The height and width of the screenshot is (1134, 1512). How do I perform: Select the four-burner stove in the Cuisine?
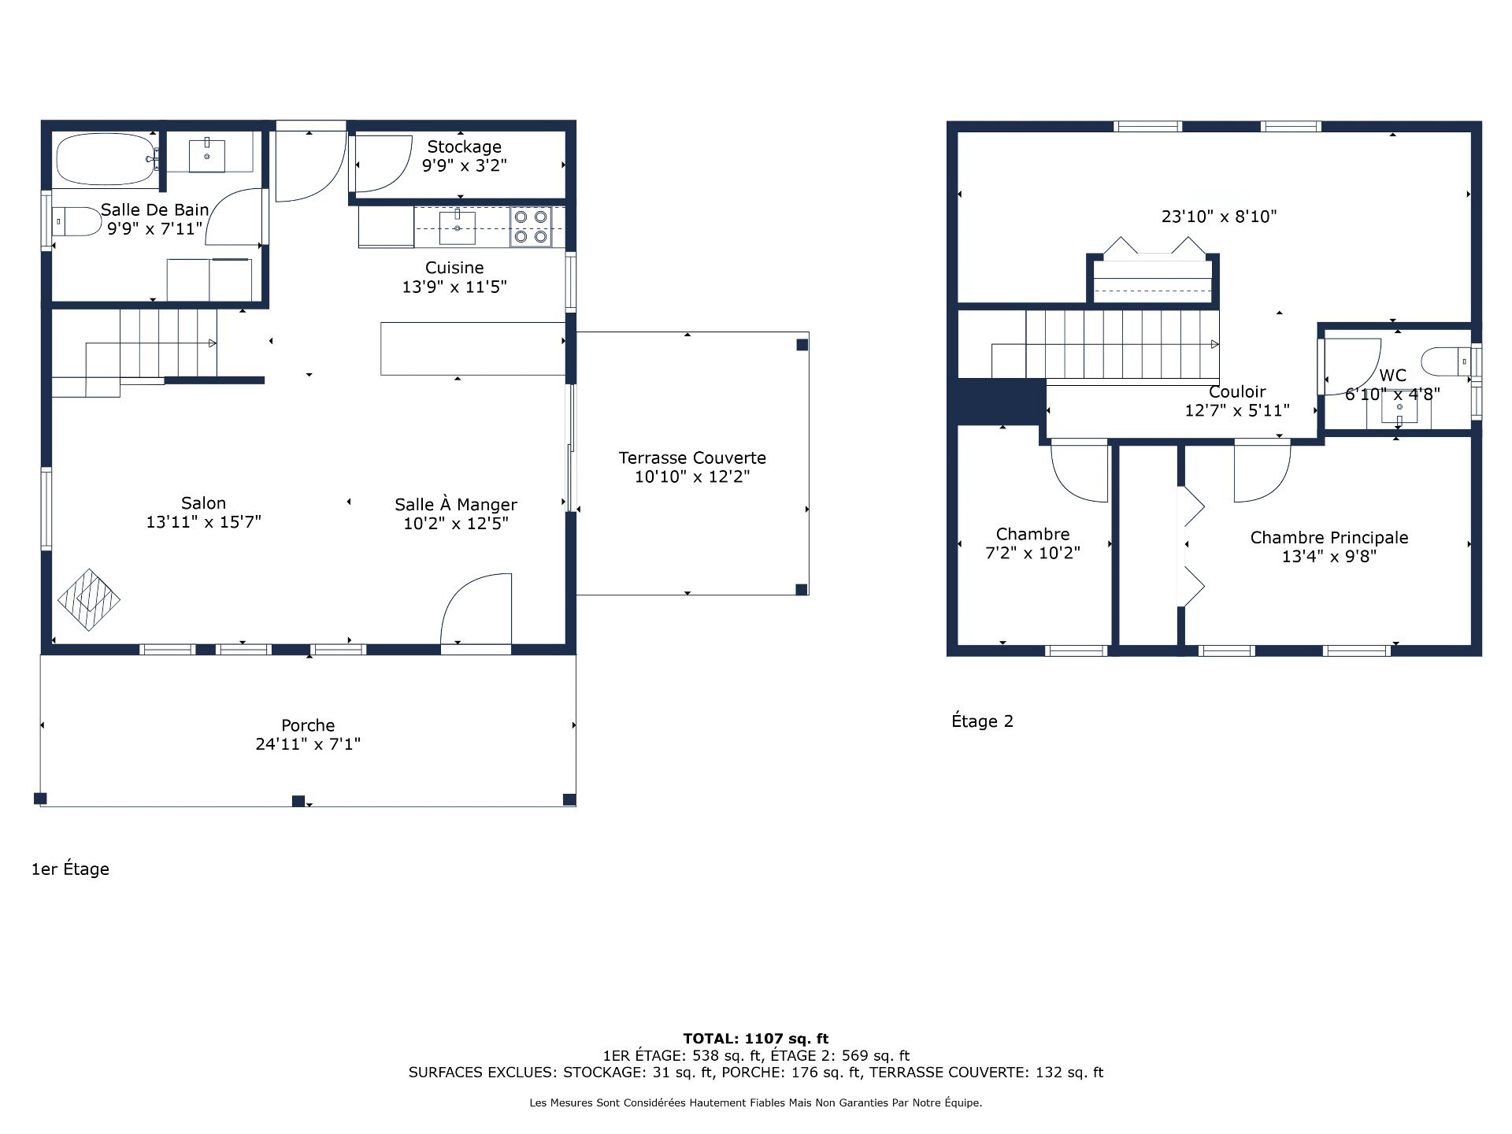click(531, 227)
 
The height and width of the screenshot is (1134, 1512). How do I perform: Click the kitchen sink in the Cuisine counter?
click(457, 228)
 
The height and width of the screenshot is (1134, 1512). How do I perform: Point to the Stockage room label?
click(464, 147)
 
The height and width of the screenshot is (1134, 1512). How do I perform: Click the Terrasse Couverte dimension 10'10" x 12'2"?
click(691, 476)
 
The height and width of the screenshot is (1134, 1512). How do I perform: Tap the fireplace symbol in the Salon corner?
click(89, 600)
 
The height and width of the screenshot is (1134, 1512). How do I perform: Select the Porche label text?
click(308, 725)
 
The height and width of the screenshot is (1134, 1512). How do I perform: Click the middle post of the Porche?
click(298, 801)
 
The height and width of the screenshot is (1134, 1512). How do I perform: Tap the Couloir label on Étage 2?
click(1237, 391)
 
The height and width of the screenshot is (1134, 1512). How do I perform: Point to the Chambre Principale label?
click(1329, 538)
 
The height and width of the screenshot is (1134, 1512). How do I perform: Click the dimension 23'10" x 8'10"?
click(1218, 217)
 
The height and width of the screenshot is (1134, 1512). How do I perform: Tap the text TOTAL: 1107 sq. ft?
click(755, 1039)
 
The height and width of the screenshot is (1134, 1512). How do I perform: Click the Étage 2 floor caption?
click(982, 721)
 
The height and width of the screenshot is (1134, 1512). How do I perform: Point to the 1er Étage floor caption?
click(70, 869)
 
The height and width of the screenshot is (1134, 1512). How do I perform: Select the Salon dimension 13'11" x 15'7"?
click(203, 522)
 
